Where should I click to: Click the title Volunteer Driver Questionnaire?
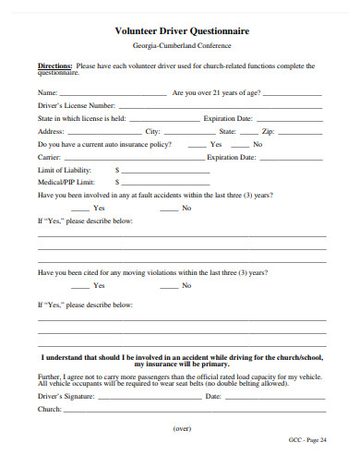point(181,30)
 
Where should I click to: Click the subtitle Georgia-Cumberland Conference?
point(181,45)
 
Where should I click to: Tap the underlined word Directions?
point(54,66)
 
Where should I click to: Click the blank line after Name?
point(113,95)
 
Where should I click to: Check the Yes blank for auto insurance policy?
point(197,146)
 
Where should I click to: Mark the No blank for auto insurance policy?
point(240,146)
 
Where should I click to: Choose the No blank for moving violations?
point(169,287)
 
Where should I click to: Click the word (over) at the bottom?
point(181,429)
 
